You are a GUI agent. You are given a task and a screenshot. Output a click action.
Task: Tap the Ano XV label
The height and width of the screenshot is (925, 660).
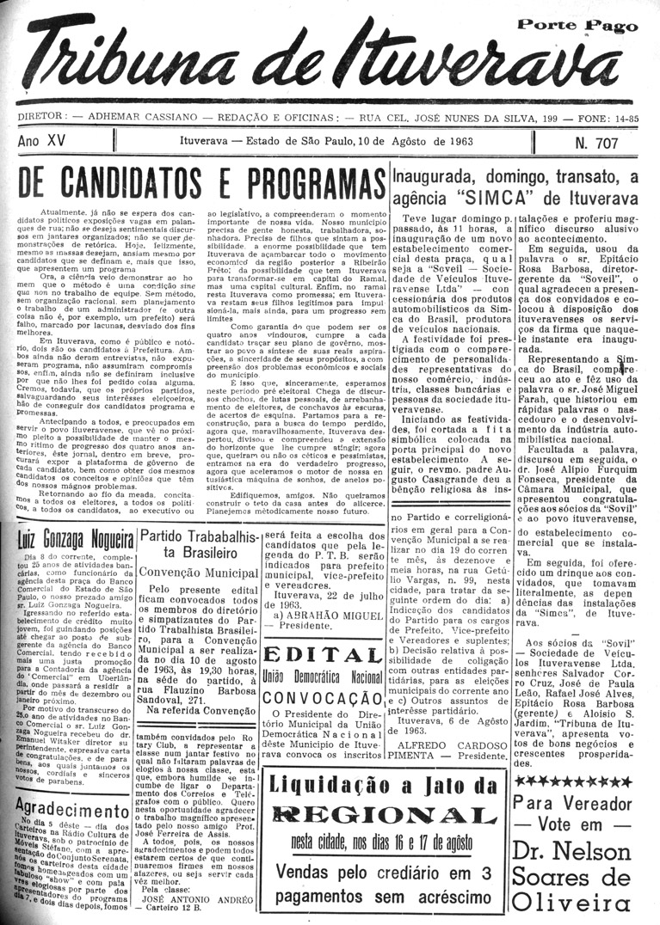coord(45,139)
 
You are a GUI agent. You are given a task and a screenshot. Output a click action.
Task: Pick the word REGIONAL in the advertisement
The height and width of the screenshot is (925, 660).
coord(386,815)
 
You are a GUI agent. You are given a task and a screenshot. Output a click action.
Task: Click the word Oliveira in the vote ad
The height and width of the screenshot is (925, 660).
coord(583,902)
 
